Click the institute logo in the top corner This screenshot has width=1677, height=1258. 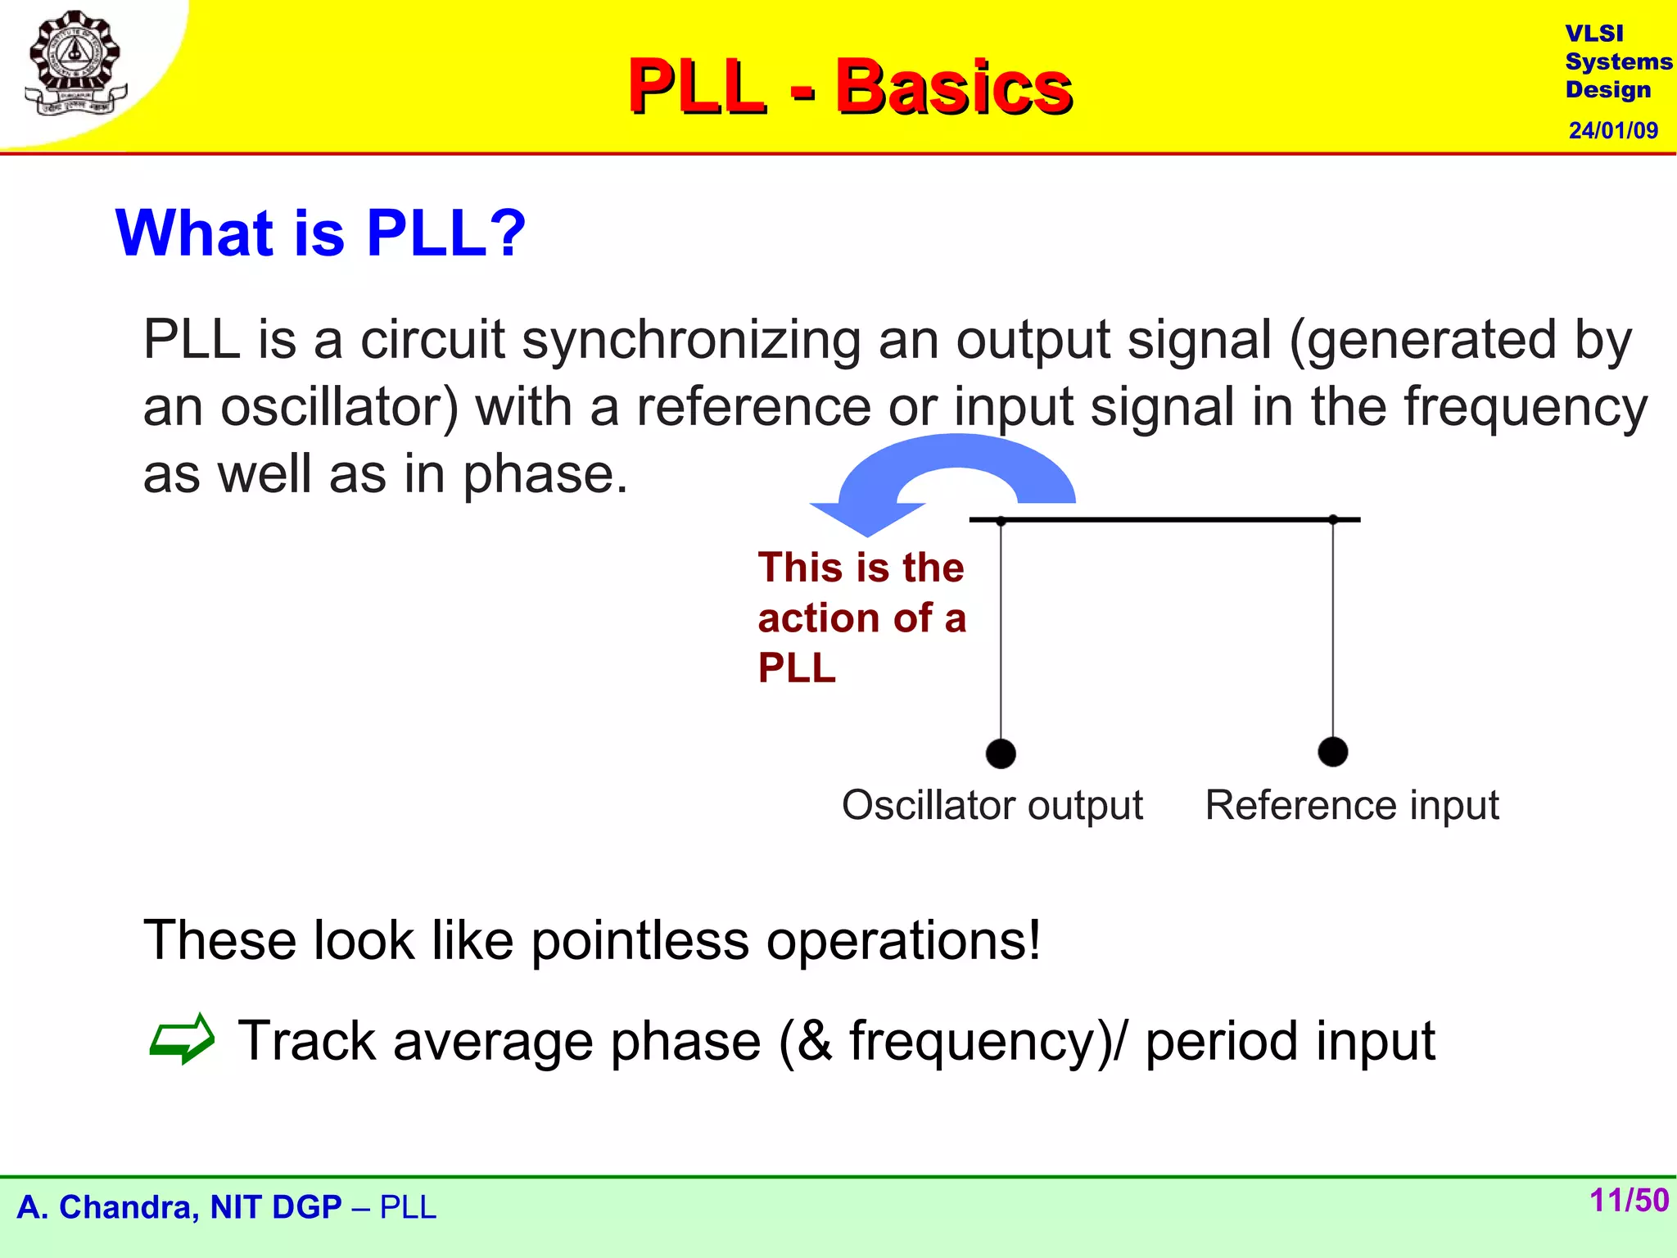[75, 64]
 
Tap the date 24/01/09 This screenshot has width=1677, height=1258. [1612, 130]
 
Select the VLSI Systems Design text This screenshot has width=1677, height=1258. [1617, 61]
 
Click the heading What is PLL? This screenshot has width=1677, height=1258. [320, 233]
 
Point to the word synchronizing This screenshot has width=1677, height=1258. [691, 339]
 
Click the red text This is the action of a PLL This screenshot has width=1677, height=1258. [861, 617]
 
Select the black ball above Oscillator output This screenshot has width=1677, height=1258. [1001, 753]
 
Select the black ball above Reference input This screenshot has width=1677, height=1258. [1333, 751]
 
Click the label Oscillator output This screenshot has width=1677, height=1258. [992, 805]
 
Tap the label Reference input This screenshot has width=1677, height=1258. [1351, 805]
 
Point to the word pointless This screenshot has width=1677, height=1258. [640, 940]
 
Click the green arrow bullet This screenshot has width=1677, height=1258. [182, 1039]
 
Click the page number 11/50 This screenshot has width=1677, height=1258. [1628, 1201]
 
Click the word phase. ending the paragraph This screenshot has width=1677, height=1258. [545, 474]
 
